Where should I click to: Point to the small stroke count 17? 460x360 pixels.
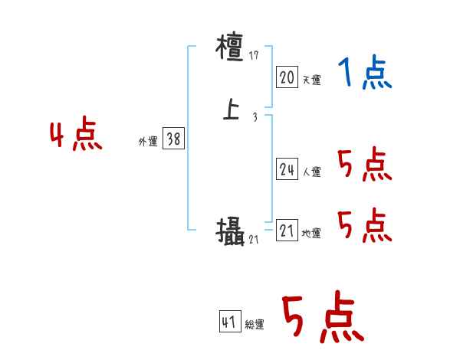254,56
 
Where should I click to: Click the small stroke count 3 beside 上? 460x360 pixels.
255,117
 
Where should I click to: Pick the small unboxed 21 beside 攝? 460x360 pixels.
255,240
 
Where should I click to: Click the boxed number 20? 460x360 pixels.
287,77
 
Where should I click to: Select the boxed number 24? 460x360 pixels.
287,170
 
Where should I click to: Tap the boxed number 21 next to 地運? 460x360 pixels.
287,231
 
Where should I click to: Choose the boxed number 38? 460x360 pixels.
174,139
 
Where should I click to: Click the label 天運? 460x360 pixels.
311,79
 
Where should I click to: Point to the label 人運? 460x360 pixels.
311,172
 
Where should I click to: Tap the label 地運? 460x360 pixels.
311,234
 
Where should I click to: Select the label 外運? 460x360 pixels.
148,141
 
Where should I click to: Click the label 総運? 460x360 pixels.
255,325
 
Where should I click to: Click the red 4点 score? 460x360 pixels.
75,137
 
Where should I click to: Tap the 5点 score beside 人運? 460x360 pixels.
364,165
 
